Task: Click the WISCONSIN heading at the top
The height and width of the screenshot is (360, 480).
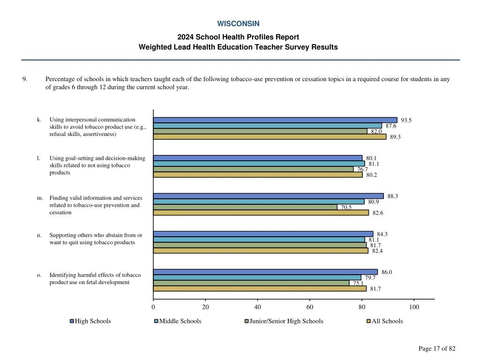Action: pos(238,23)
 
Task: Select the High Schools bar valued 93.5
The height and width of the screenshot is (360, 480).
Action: pos(275,120)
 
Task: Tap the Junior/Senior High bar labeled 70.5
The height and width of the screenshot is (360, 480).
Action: pos(245,207)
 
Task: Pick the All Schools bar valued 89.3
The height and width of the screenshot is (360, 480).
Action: pos(270,137)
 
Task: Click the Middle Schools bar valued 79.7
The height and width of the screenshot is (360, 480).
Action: pos(257,277)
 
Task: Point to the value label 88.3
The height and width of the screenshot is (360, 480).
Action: pos(393,196)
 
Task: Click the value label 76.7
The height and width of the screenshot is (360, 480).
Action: pos(362,169)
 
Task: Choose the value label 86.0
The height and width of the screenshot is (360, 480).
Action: pos(387,272)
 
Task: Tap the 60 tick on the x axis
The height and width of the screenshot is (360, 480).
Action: pos(309,307)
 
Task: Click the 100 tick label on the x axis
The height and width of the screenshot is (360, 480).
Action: pos(414,307)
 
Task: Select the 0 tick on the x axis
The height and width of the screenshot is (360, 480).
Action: pos(153,307)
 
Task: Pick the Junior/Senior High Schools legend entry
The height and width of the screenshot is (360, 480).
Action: pos(286,321)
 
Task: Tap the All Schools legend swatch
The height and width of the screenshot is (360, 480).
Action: pos(368,321)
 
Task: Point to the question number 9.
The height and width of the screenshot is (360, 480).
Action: pos(24,79)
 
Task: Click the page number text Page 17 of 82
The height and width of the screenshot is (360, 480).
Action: pos(437,348)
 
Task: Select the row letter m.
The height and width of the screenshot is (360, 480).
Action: pos(40,198)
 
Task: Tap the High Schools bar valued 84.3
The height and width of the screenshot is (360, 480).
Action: pos(263,234)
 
